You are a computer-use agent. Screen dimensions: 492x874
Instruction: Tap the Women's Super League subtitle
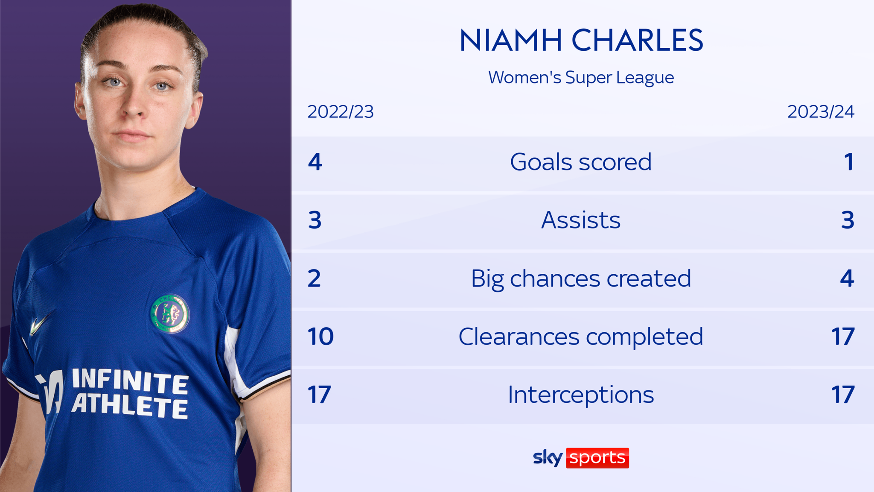581,78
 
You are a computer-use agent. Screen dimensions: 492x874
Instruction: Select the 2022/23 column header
341,112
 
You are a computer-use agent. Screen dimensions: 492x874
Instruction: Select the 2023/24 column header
821,112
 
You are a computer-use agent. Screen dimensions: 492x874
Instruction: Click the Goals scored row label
581,162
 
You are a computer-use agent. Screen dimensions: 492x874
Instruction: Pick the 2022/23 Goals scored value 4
315,162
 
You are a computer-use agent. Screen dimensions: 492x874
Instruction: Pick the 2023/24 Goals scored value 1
849,162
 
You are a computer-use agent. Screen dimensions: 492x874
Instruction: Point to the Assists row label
581,220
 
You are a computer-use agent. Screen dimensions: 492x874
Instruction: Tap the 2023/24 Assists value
848,220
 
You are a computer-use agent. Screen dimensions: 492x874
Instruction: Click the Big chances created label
581,279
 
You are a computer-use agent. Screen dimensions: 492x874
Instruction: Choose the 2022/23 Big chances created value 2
314,279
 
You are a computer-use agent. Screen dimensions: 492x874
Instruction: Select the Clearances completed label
581,337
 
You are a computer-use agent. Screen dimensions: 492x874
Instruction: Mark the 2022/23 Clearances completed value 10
320,337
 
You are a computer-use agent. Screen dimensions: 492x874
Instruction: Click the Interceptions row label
581,395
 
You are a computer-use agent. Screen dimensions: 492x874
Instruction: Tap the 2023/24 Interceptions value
843,395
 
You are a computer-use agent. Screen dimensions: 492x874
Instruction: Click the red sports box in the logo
597,458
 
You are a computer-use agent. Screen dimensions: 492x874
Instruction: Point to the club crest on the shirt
170,313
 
